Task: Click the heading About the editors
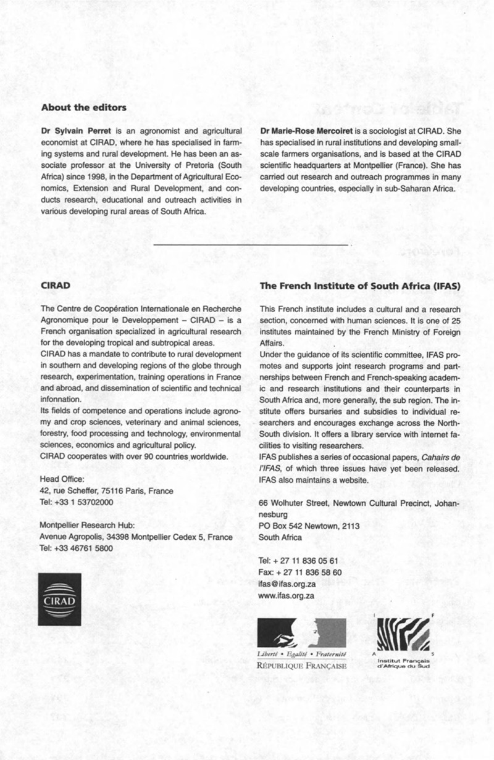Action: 83,107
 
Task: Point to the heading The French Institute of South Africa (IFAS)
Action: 360,286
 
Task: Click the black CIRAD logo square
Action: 59,599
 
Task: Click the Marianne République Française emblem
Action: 301,634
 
